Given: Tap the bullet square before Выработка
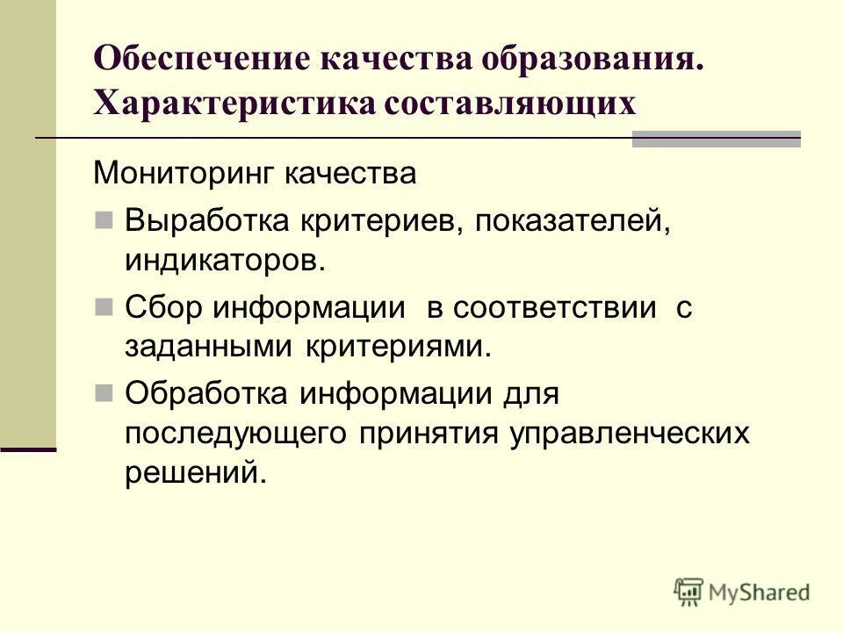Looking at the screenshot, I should pyautogui.click(x=104, y=218).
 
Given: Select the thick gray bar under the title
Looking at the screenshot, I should pyautogui.click(x=717, y=139).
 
